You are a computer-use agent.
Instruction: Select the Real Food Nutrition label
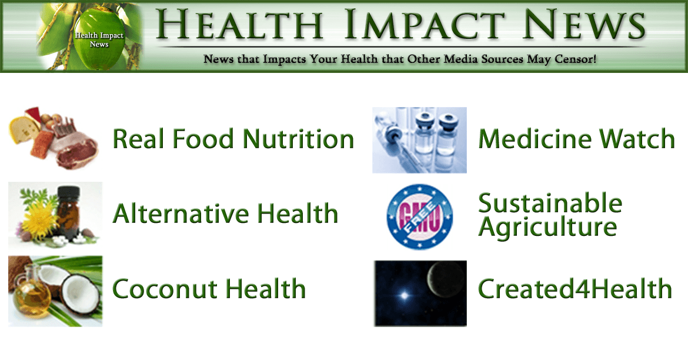click(233, 139)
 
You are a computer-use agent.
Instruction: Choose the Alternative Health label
click(226, 214)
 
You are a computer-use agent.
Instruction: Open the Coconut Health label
click(209, 288)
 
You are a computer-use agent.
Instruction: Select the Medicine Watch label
click(576, 139)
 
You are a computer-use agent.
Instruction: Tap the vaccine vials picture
click(419, 140)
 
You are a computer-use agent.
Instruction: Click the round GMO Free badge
click(419, 216)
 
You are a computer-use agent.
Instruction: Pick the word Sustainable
click(550, 204)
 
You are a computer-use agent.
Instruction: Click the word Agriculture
click(547, 227)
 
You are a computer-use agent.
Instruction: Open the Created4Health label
click(575, 288)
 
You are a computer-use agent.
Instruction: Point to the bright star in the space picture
click(404, 295)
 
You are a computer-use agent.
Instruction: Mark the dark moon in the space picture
click(446, 280)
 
